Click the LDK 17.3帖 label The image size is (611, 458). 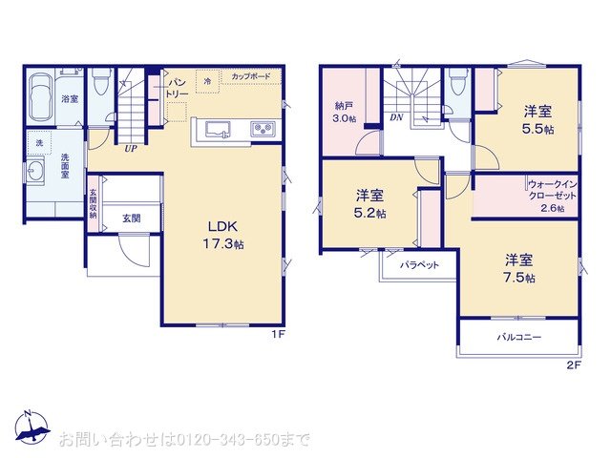[x=226, y=236]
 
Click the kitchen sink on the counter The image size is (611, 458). [x=214, y=129]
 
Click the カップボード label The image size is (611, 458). [x=251, y=76]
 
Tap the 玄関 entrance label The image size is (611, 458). [x=131, y=219]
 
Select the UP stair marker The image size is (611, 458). [x=127, y=148]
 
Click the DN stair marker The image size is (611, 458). [x=395, y=118]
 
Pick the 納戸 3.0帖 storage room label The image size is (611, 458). [x=346, y=113]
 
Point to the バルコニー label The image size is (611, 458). [x=517, y=338]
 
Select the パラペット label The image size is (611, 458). [x=419, y=264]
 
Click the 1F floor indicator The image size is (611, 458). [x=277, y=333]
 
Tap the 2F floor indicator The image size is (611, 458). [x=574, y=364]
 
